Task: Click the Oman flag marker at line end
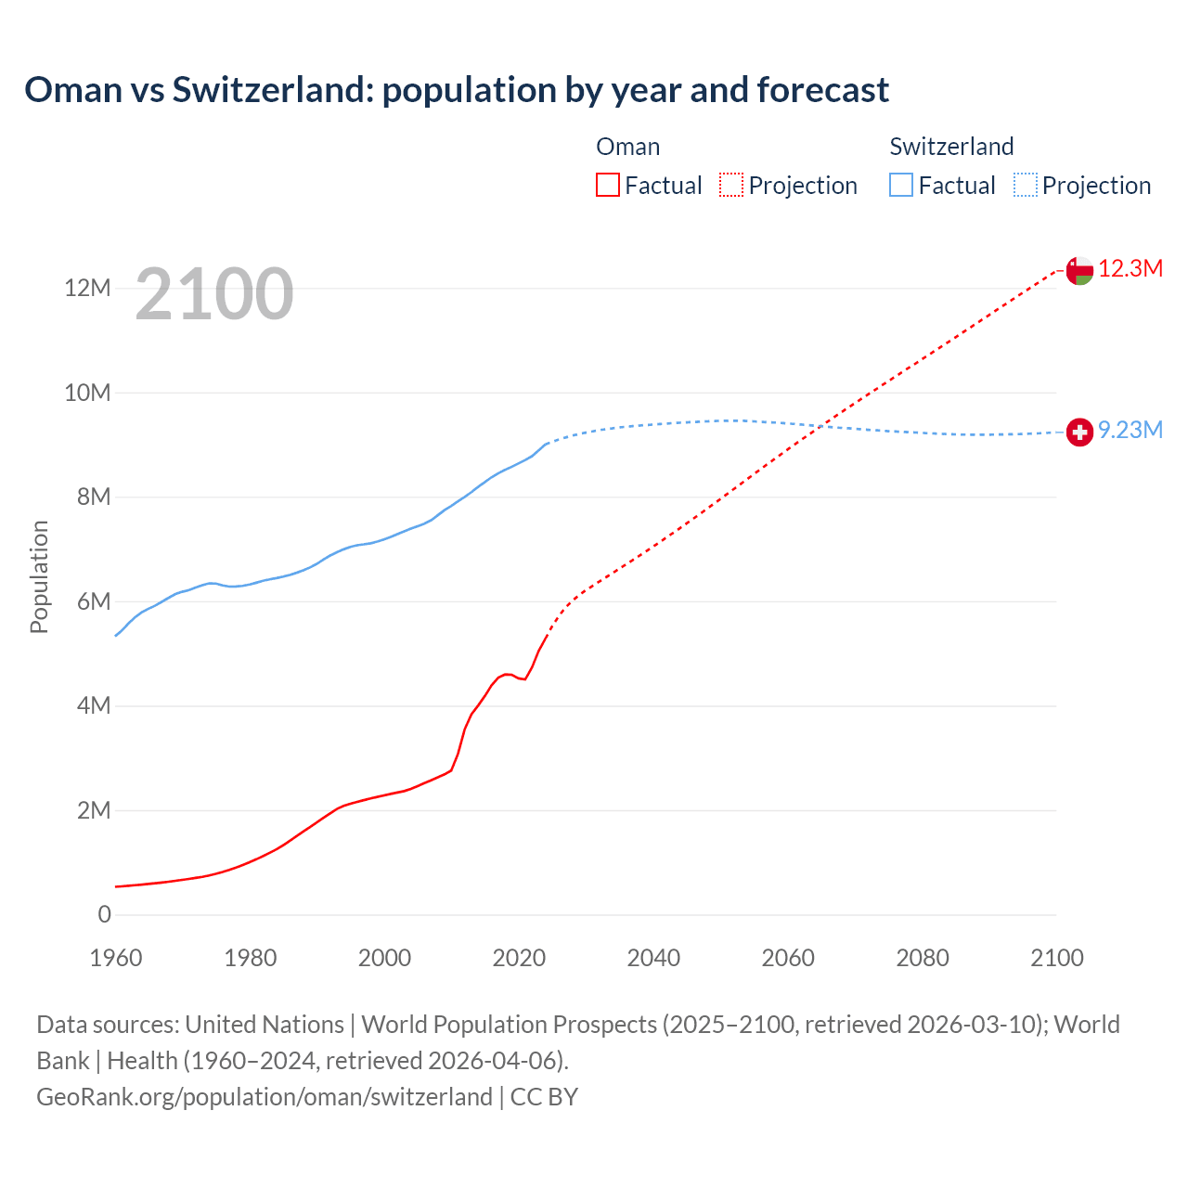pyautogui.click(x=1079, y=270)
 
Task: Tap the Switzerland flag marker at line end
pyautogui.click(x=1079, y=432)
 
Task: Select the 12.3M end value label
pyautogui.click(x=1130, y=269)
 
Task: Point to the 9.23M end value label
pyautogui.click(x=1130, y=431)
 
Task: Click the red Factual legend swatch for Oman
pyautogui.click(x=607, y=186)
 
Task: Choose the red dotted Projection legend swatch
pyautogui.click(x=731, y=186)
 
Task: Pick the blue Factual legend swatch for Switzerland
pyautogui.click(x=901, y=186)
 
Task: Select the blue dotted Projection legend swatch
pyautogui.click(x=1026, y=186)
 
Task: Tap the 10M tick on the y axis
pyautogui.click(x=87, y=393)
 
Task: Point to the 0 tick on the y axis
pyautogui.click(x=104, y=915)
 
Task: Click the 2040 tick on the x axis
pyautogui.click(x=653, y=959)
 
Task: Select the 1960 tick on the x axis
pyautogui.click(x=116, y=959)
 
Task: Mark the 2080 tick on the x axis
pyautogui.click(x=923, y=959)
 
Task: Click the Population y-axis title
pyautogui.click(x=39, y=576)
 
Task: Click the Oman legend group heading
pyautogui.click(x=628, y=147)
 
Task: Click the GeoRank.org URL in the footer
pyautogui.click(x=265, y=1097)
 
